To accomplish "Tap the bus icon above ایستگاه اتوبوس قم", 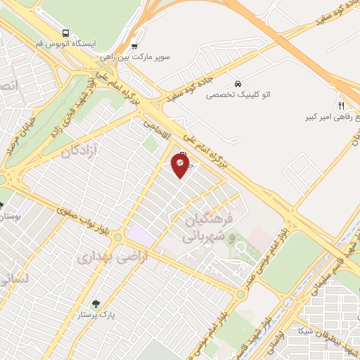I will (66, 33).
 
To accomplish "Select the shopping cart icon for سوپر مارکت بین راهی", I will (134, 47).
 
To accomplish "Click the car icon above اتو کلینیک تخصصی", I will (238, 83).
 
